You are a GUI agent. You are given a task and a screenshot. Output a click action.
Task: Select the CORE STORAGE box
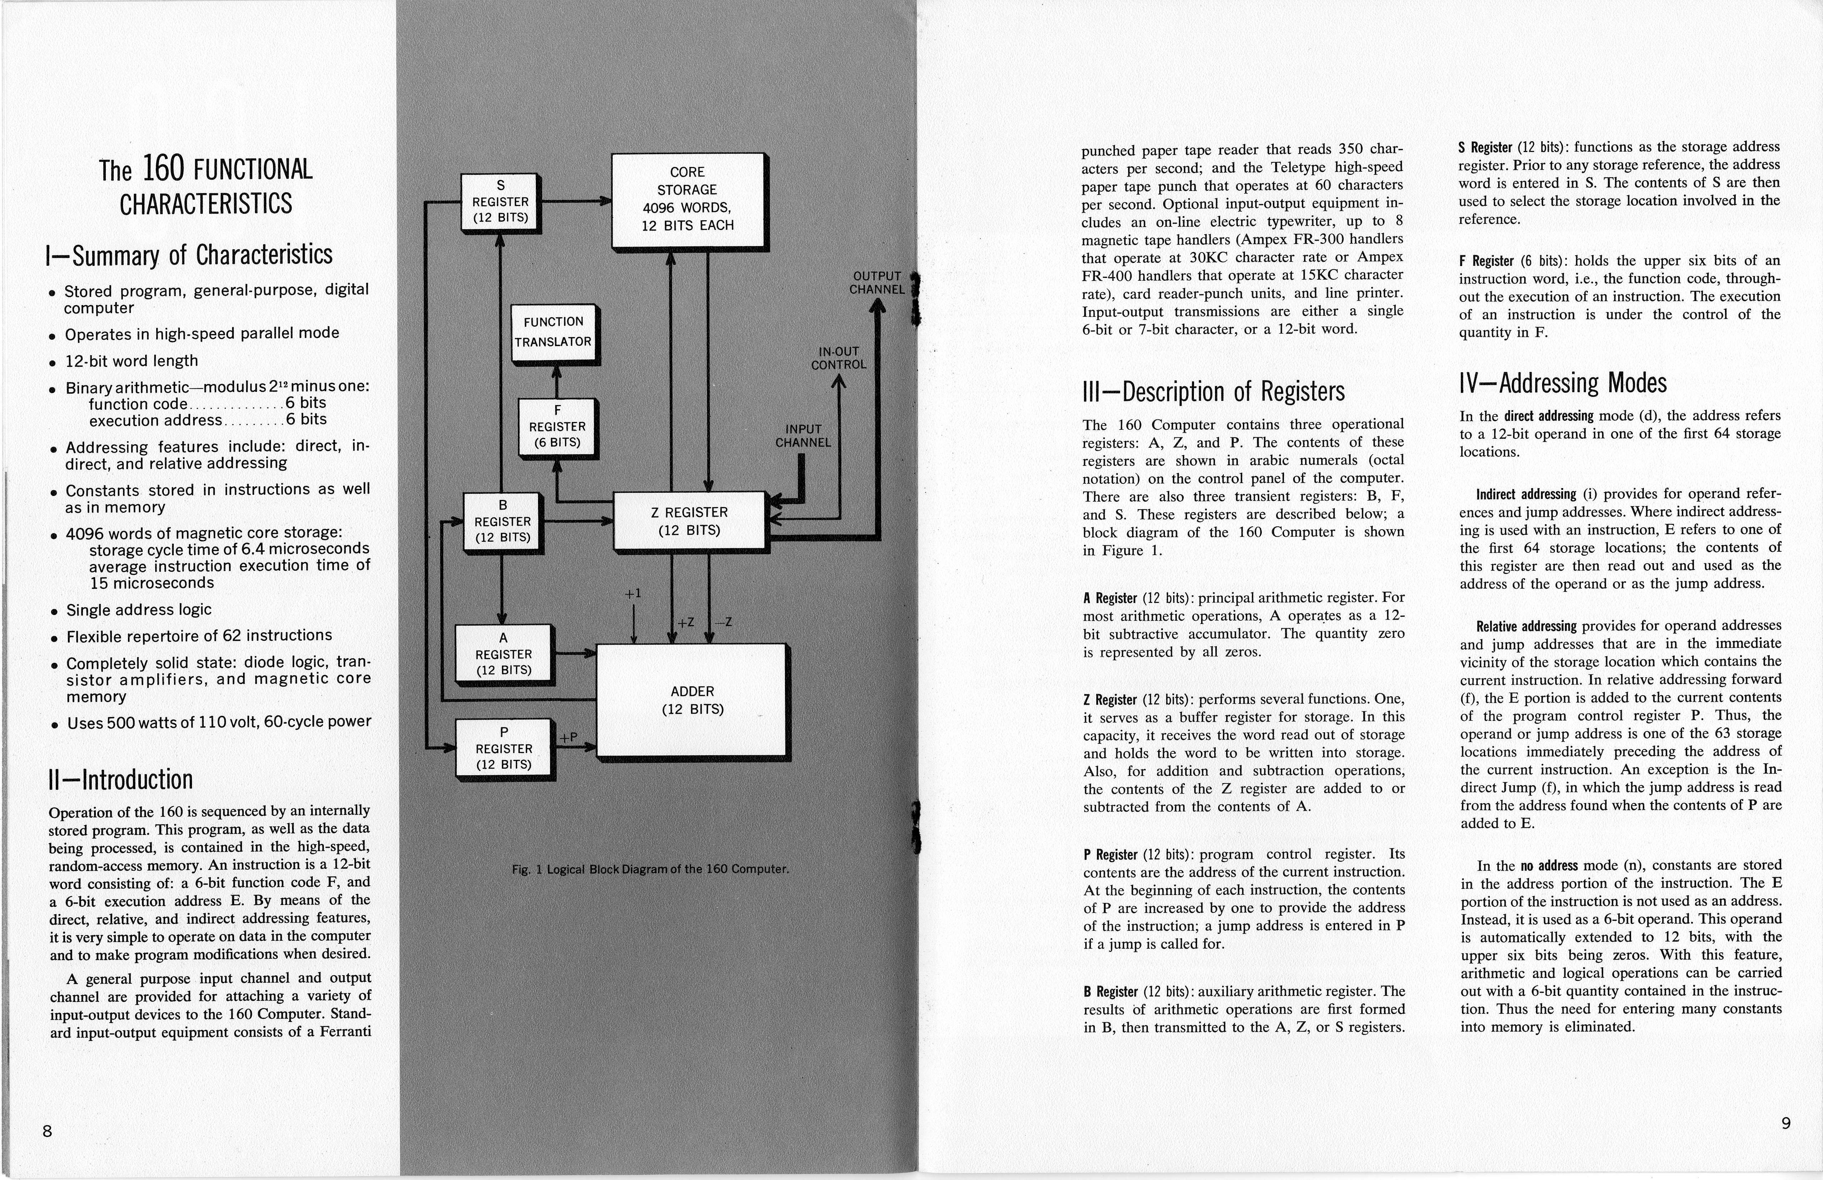pos(688,199)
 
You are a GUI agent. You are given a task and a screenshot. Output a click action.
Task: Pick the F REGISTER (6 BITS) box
pos(557,427)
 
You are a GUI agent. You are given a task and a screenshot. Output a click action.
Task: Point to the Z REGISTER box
pos(690,521)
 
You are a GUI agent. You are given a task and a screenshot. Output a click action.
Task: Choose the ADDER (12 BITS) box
pos(692,699)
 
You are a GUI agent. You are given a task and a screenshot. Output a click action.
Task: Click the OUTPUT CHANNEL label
pos(877,283)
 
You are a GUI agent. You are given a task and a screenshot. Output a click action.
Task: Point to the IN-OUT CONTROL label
pos(839,358)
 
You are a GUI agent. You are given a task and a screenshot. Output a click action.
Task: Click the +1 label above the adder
pos(633,594)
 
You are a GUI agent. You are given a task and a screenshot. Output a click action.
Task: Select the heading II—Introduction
pos(120,779)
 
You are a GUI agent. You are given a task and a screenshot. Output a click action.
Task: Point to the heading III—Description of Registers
pos(1213,392)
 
